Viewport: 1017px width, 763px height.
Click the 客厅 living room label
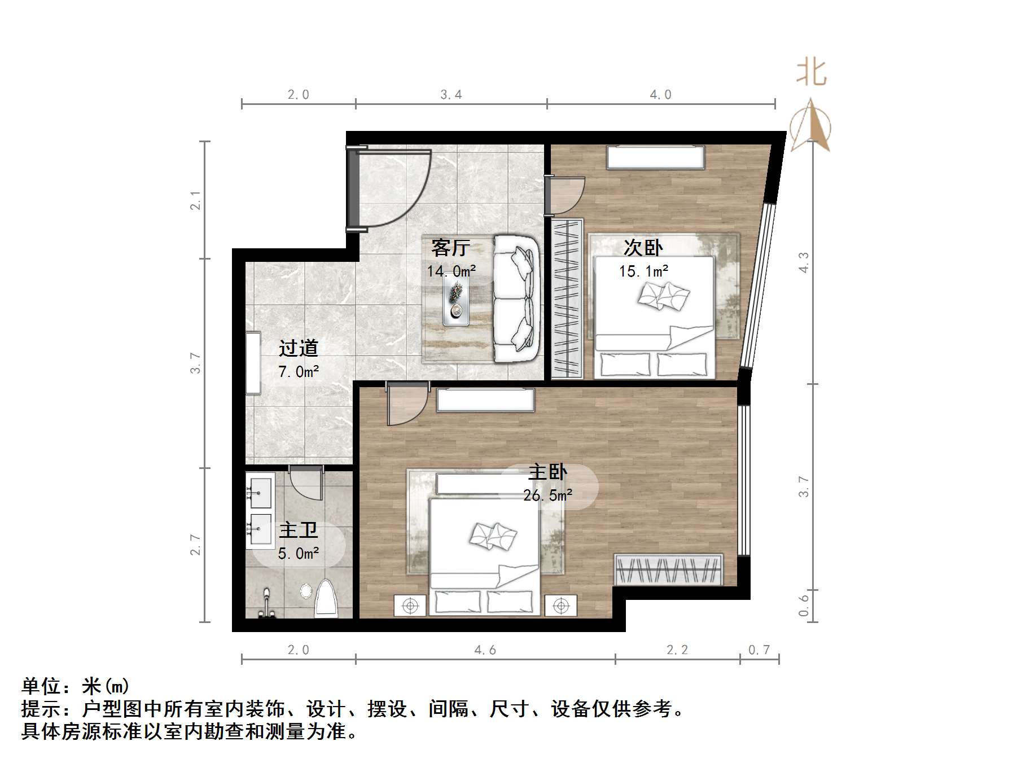tap(450, 247)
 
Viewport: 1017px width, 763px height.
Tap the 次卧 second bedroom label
tap(643, 247)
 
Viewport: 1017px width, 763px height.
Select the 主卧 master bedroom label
tap(547, 472)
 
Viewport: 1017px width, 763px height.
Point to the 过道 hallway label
tap(299, 348)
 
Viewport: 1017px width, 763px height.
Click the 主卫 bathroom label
tap(299, 530)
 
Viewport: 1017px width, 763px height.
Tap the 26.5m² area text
tap(547, 495)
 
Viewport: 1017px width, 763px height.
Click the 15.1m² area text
tap(643, 271)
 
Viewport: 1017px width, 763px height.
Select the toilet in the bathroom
tap(326, 598)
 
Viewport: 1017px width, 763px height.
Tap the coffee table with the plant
tap(455, 304)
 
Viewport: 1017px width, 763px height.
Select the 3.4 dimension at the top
tap(451, 95)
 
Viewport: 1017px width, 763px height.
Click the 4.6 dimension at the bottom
tap(485, 650)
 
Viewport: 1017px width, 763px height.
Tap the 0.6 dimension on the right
tap(804, 606)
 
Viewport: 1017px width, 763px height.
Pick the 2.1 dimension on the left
tap(195, 200)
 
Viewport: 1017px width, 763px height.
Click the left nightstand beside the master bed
tap(410, 606)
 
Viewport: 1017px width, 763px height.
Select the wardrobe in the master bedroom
tap(669, 569)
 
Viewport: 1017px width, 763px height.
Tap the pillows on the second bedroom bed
tap(664, 296)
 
